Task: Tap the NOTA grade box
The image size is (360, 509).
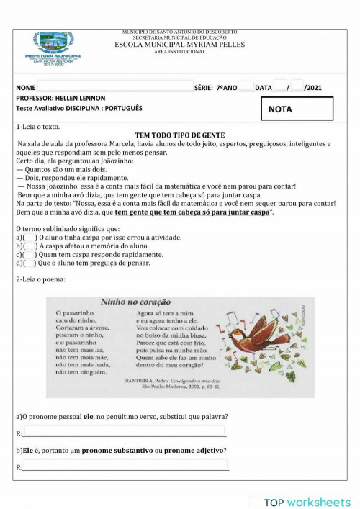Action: (297, 109)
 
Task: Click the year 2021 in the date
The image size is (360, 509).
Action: (313, 88)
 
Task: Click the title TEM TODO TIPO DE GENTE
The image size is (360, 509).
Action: (180, 135)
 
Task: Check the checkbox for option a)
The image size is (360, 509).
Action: (30, 238)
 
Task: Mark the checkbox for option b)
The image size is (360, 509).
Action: (30, 246)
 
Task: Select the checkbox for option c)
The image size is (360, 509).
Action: (30, 255)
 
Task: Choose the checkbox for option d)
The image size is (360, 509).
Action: (30, 263)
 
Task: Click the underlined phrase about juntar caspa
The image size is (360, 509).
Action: (192, 212)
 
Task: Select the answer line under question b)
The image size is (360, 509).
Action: (125, 468)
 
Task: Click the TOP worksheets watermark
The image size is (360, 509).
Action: (307, 502)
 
